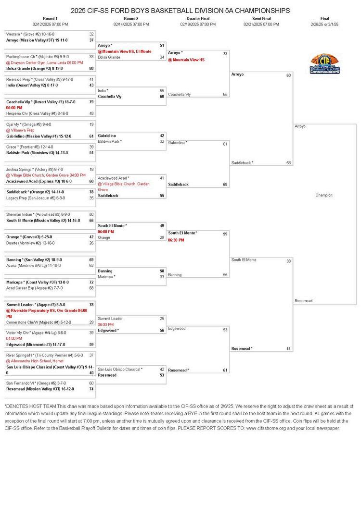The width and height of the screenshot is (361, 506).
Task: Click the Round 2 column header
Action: point(131,18)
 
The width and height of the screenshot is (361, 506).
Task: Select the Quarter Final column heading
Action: point(198,18)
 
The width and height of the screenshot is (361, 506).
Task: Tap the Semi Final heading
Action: point(261,18)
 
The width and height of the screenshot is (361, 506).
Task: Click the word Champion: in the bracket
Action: point(324,195)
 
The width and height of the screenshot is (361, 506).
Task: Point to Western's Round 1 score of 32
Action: point(91,34)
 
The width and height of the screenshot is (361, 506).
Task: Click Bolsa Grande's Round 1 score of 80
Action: point(91,68)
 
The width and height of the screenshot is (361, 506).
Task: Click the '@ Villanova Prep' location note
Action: point(20,130)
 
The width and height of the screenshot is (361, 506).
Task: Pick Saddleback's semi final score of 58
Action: point(288,163)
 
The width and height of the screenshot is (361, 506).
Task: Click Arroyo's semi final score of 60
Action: point(288,75)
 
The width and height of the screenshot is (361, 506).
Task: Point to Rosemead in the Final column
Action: point(304,301)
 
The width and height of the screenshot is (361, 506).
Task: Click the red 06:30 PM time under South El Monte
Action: point(176,240)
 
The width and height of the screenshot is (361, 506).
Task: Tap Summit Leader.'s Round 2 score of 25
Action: point(162,319)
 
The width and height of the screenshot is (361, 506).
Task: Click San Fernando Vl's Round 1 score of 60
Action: point(91,383)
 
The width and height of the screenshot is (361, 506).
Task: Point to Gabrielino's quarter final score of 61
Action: point(225,144)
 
